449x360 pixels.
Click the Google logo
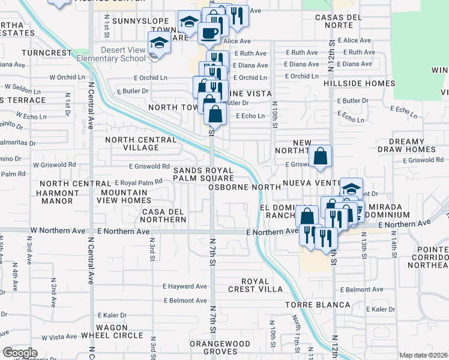(x=20, y=352)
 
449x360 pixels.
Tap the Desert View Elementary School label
(x=123, y=54)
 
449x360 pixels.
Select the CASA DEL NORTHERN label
(x=164, y=216)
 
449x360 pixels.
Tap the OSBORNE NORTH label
(x=244, y=187)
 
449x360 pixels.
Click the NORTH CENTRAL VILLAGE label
(x=140, y=144)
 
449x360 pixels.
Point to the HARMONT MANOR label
(x=58, y=199)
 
